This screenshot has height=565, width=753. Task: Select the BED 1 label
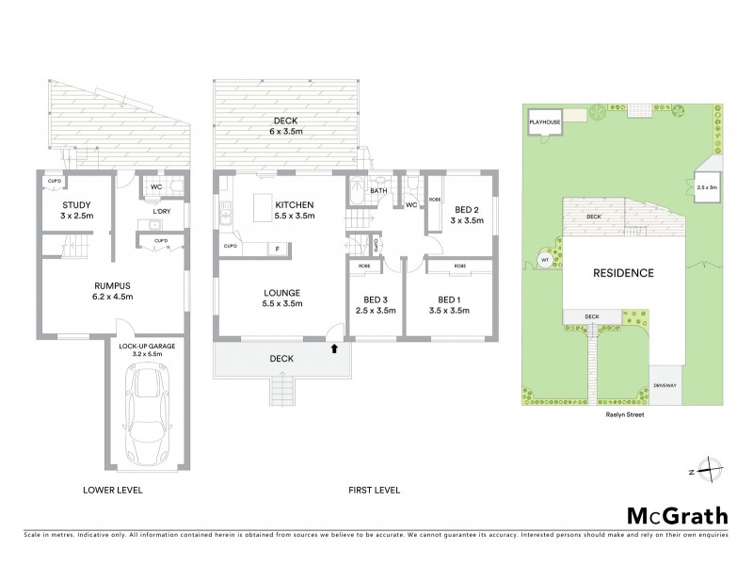448,303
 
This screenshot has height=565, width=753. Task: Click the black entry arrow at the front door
333,347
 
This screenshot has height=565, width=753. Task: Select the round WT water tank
545,259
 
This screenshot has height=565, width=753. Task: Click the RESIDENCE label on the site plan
622,273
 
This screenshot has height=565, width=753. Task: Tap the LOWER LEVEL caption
111,490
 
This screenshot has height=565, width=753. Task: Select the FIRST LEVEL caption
374,490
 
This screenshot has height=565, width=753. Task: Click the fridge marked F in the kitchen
278,249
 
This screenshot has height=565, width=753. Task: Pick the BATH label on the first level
378,190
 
